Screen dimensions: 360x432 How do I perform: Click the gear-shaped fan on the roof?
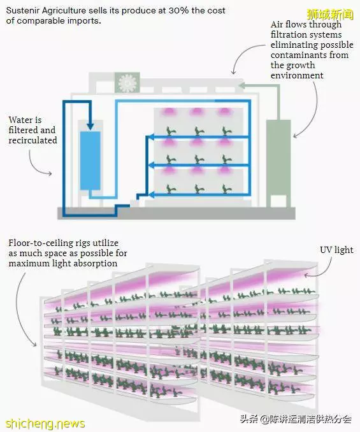tap(127, 82)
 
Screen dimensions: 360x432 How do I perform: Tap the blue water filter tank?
tap(90, 161)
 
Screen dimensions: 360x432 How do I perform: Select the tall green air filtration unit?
tap(278, 163)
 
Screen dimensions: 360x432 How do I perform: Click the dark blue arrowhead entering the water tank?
tap(90, 126)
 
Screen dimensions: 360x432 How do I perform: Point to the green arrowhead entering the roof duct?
tap(241, 85)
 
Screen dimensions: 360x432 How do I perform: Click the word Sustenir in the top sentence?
tap(23, 11)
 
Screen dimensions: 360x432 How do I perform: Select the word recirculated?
tap(32, 140)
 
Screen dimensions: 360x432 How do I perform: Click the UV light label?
tap(336, 250)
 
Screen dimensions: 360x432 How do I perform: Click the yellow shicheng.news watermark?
tap(45, 423)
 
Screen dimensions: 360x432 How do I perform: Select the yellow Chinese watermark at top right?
tap(330, 14)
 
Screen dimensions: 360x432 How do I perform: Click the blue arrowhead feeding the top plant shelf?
tap(150, 136)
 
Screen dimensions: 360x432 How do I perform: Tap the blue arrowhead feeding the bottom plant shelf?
tap(151, 195)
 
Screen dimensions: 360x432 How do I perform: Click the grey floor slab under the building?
tap(176, 213)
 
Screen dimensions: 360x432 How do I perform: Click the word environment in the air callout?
tap(297, 75)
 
